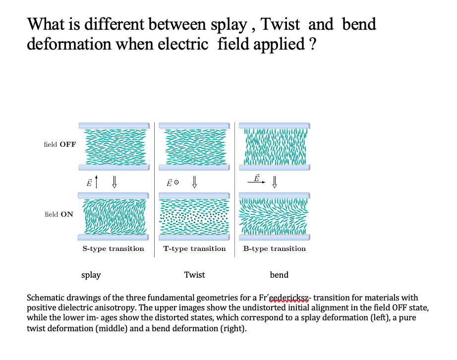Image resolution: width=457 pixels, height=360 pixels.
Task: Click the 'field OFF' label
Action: tap(60, 144)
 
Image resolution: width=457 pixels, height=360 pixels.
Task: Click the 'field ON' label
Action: tap(59, 214)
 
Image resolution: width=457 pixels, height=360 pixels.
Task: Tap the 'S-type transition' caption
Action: tap(113, 248)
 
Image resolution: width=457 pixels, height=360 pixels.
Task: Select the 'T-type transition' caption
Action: tap(194, 248)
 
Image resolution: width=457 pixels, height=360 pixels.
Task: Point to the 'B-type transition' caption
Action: tap(275, 248)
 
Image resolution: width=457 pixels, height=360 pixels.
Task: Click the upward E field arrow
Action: tap(97, 181)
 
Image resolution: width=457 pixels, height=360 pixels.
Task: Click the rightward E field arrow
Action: tap(256, 182)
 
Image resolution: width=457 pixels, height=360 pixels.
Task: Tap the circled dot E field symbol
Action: tap(176, 182)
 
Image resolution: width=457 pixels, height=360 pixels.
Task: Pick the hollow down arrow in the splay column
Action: tap(114, 181)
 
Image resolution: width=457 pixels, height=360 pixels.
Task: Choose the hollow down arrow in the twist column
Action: tap(194, 181)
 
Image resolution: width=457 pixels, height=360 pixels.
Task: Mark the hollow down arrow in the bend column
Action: tap(274, 181)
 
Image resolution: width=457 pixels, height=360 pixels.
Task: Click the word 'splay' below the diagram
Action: tap(91, 275)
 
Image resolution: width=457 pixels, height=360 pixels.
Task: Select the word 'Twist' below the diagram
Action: tap(194, 275)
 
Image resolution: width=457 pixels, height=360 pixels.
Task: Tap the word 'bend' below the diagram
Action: tap(279, 275)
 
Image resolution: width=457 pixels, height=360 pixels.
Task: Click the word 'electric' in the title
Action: tap(183, 44)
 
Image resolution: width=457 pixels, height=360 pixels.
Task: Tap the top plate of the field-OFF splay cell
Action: tap(114, 125)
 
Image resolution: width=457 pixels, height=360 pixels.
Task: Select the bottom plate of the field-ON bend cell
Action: tap(274, 238)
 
